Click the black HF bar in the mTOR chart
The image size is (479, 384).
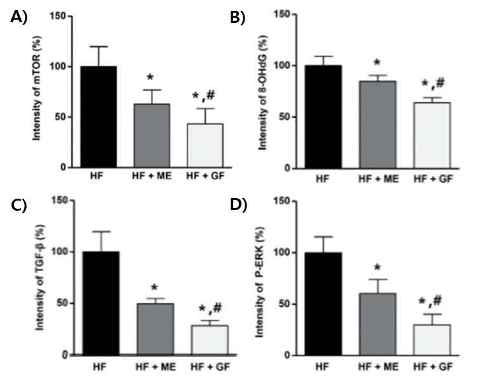[x=94, y=117]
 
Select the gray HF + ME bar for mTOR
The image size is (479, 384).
[x=150, y=135]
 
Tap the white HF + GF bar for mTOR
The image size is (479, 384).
[x=205, y=145]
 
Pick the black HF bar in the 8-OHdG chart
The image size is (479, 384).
[x=324, y=117]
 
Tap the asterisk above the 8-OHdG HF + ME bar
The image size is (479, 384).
[x=377, y=63]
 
